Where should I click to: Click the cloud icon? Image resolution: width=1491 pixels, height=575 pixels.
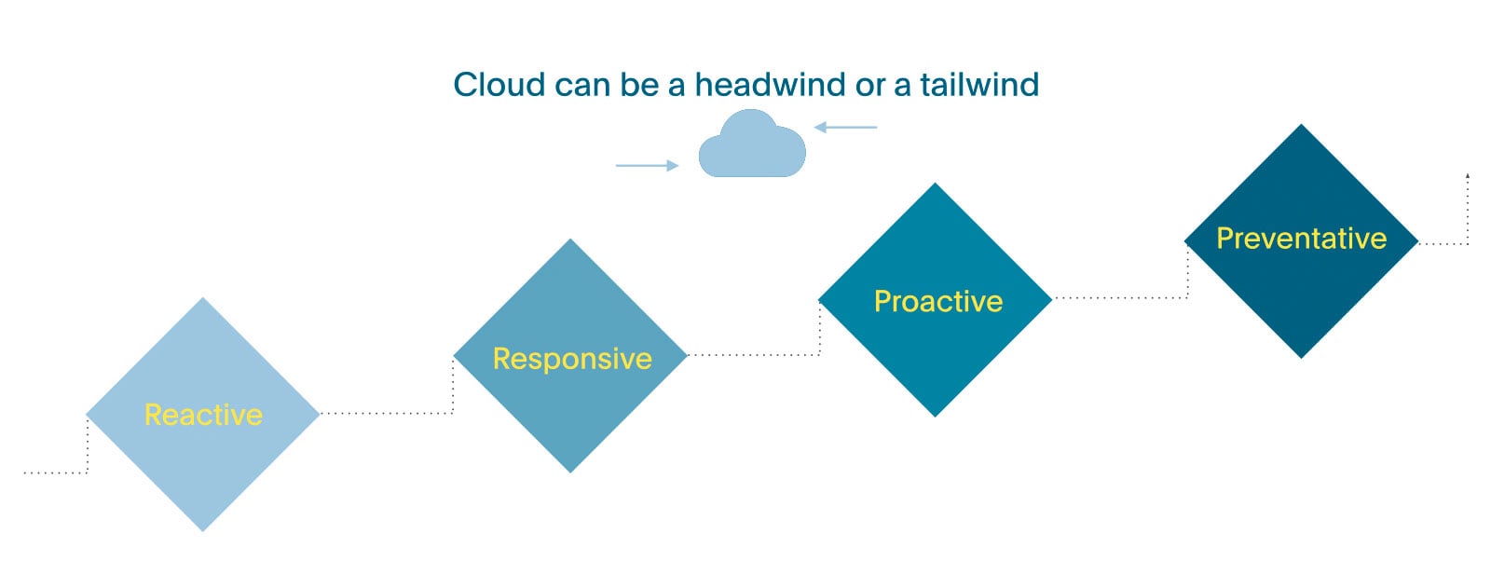tap(752, 146)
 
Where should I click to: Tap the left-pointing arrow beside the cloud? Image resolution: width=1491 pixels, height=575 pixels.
tap(845, 127)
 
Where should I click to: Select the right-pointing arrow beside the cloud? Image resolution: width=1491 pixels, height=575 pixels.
tap(647, 165)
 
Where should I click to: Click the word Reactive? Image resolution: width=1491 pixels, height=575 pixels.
tap(203, 415)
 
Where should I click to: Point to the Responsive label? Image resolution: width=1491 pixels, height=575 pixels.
tap(572, 359)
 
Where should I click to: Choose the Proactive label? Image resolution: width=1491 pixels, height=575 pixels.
tap(937, 301)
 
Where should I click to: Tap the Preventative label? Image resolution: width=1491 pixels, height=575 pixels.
tap(1301, 239)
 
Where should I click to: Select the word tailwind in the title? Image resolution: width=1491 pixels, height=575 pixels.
tap(978, 85)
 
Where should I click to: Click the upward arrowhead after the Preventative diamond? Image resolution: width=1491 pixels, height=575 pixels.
tap(1468, 175)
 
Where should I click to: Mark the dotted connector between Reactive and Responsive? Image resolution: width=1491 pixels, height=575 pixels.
tap(387, 413)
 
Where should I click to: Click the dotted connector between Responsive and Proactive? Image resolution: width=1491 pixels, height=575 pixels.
tap(753, 355)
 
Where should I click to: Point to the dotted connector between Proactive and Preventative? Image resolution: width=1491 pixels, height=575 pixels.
tap(1118, 298)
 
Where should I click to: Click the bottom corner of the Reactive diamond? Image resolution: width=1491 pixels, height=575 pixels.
tap(203, 528)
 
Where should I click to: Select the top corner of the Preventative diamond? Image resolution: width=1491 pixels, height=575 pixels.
tap(1301, 127)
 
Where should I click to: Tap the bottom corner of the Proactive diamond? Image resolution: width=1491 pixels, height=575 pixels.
tap(936, 414)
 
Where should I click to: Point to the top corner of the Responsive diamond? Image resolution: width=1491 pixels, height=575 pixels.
tap(570, 241)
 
